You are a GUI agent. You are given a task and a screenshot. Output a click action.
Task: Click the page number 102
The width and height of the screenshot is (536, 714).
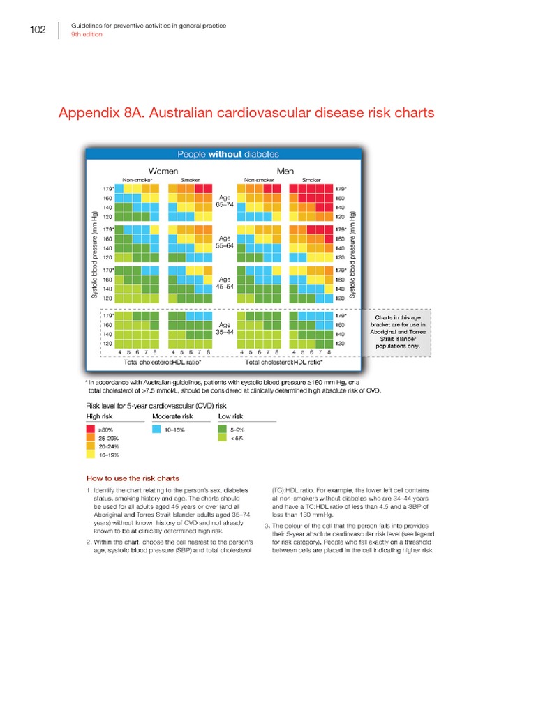pos(37,30)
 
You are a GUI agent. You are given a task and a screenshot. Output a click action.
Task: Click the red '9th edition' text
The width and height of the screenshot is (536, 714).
pos(87,34)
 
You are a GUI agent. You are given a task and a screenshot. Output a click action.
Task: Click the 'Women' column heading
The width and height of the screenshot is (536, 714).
pos(163,170)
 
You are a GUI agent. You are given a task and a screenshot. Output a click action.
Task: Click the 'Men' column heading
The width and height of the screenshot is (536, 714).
pos(285,170)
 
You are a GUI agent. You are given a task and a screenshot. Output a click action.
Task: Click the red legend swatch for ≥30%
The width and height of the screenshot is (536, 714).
pos(91,430)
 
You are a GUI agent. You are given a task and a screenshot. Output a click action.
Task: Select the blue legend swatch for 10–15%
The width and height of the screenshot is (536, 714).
pos(157,430)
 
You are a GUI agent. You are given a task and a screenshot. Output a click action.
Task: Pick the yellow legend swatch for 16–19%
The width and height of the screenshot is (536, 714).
pos(91,455)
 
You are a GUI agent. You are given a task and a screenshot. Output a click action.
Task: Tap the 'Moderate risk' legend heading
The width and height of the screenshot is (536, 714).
pos(172,416)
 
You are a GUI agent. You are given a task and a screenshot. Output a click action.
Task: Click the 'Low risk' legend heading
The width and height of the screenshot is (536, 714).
pos(231,416)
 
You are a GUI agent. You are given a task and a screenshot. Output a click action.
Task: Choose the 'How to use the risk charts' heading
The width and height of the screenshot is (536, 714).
pos(133,478)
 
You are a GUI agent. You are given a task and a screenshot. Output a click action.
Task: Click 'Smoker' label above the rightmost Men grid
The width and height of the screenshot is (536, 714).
pos(311,180)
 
